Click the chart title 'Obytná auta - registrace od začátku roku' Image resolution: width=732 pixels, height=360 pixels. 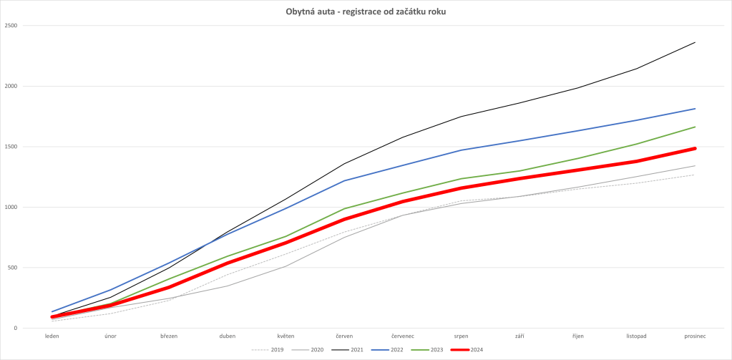(366, 12)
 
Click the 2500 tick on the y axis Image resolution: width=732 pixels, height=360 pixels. (11, 26)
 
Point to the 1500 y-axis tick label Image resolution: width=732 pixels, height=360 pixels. (11, 147)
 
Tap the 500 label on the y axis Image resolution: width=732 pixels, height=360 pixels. (12, 268)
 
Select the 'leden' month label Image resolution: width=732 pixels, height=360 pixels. (52, 335)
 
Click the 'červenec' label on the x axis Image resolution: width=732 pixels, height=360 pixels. (403, 335)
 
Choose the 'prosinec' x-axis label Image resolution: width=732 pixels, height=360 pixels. (695, 335)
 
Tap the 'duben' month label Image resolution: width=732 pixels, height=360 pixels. (227, 335)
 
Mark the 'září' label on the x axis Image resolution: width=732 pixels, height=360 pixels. (519, 335)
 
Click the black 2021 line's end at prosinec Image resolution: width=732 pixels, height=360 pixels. (695, 42)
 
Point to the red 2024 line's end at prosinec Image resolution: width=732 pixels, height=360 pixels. (695, 148)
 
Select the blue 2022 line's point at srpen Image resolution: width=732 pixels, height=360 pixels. (461, 150)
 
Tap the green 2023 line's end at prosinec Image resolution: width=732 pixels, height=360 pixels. (695, 127)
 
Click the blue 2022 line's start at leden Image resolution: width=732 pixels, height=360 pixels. (52, 312)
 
